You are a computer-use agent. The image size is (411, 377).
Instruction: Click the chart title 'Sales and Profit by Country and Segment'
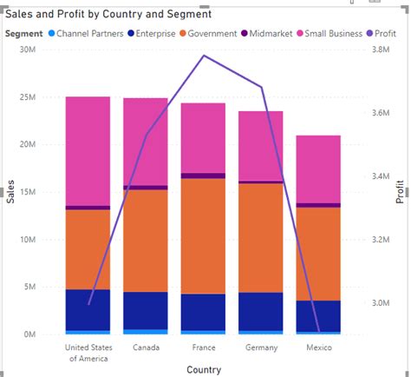(108, 15)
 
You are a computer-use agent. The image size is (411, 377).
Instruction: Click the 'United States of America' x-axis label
(88, 352)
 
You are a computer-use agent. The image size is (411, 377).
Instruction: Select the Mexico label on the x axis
(318, 347)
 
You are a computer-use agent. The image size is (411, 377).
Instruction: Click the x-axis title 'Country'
(203, 369)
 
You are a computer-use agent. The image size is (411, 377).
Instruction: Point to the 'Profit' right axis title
(400, 192)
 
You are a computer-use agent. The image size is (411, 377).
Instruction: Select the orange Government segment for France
(203, 235)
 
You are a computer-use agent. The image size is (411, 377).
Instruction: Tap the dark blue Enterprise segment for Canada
(146, 310)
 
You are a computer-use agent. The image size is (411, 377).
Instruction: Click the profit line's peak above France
(204, 56)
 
